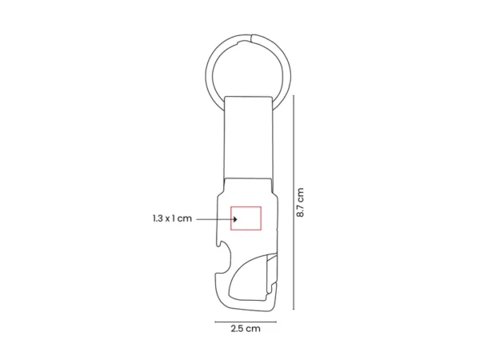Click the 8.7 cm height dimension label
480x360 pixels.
[300, 202]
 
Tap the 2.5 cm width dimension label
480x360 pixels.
[246, 329]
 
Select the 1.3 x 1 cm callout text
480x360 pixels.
[172, 218]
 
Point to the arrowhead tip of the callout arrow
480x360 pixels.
[238, 219]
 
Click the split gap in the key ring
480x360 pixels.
[252, 38]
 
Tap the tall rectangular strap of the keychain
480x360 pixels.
[248, 137]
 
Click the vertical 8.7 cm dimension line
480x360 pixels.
[294, 202]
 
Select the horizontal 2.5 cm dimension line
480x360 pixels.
[246, 322]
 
